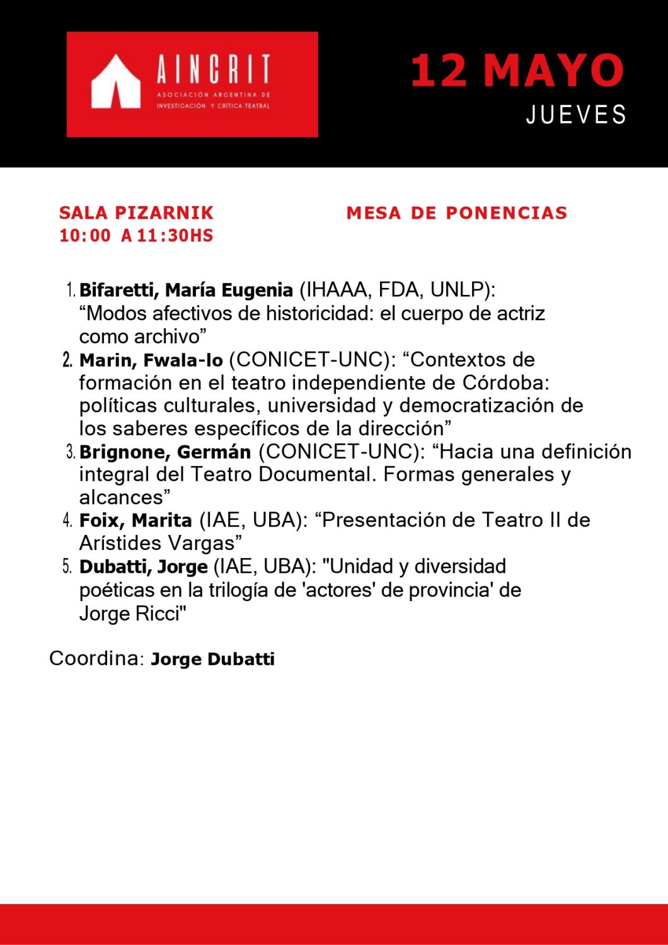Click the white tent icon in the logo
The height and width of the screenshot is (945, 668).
tap(115, 83)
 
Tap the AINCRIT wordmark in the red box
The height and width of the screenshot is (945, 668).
tap(213, 69)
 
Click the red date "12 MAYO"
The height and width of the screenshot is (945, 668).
tap(517, 70)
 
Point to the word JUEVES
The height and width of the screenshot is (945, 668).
tap(576, 115)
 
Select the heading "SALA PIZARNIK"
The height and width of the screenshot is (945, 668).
tap(136, 213)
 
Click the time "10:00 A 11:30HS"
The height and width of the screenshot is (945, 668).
tap(136, 236)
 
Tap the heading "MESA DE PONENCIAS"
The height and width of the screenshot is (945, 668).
tap(457, 213)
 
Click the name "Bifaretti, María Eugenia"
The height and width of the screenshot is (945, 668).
tap(186, 290)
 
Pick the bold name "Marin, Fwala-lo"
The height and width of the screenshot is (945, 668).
tap(151, 360)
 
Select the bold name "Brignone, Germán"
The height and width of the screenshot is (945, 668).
tap(165, 452)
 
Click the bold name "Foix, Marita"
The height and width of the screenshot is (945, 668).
tap(135, 521)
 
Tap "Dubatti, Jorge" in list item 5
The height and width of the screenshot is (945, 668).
tap(144, 567)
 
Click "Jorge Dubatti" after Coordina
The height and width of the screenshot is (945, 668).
tap(213, 660)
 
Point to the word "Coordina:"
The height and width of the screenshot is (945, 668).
tap(97, 658)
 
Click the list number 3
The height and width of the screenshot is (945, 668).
tap(71, 452)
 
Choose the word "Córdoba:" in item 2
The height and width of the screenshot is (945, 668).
tap(506, 383)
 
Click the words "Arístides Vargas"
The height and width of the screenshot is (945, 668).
tap(160, 544)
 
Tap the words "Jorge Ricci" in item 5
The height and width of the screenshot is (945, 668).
tap(132, 614)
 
